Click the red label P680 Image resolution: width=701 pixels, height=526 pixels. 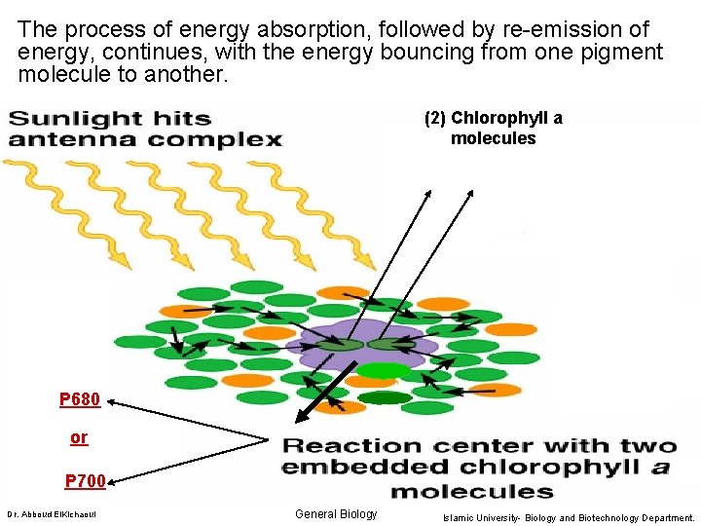click(79, 399)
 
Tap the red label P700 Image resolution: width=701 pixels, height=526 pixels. click(85, 480)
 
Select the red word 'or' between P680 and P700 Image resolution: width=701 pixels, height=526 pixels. click(79, 438)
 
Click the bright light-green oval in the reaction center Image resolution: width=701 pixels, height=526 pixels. click(382, 370)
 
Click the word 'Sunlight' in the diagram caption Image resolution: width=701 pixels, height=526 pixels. click(74, 119)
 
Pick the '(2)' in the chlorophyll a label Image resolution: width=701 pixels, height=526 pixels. click(435, 119)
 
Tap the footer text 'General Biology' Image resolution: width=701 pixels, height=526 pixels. click(335, 514)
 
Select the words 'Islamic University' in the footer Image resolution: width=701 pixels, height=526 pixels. click(484, 517)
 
